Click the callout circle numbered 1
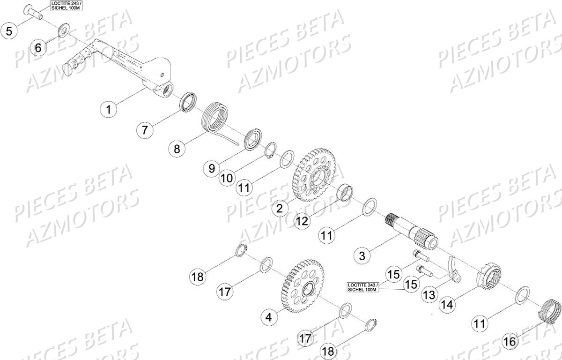point(109,110)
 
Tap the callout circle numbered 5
point(9,31)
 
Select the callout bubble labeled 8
point(177,149)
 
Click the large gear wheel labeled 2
point(313,176)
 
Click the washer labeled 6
point(62,32)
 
